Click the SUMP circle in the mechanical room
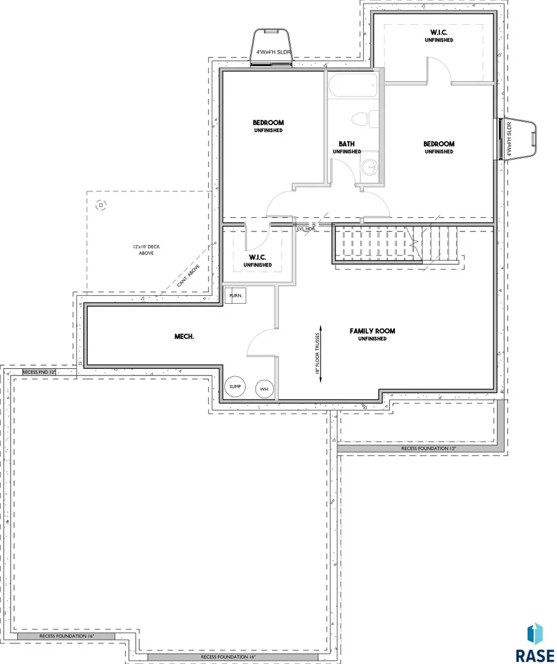click(235, 387)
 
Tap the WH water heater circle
click(264, 389)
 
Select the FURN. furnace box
click(236, 296)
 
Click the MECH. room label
click(184, 337)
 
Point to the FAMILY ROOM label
click(372, 331)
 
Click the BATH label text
click(346, 144)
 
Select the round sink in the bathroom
click(369, 166)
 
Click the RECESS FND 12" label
click(39, 372)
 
